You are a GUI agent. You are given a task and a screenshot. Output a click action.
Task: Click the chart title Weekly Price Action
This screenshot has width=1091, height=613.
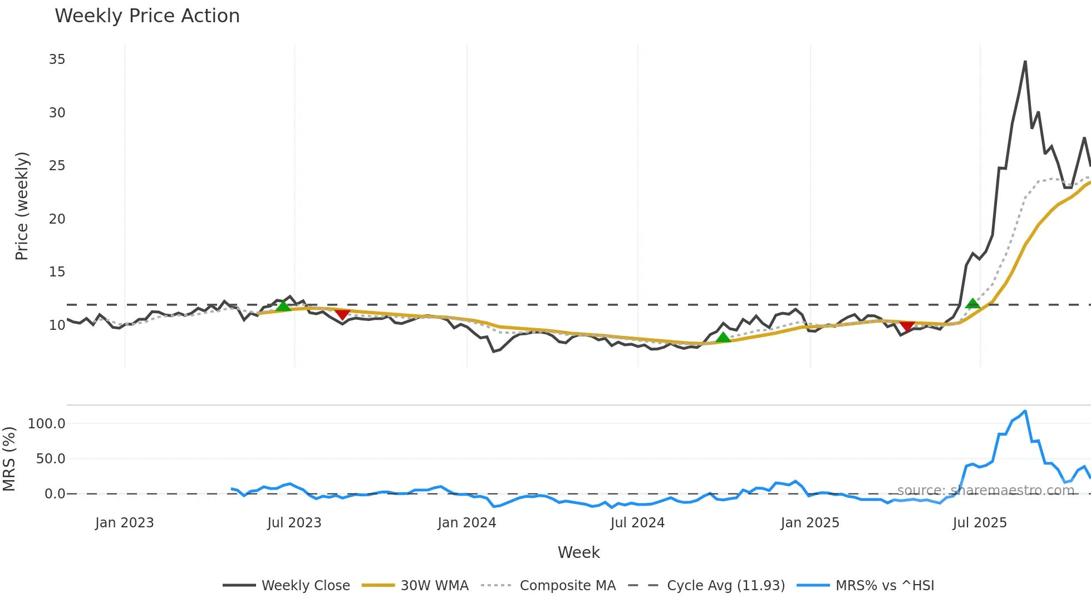[x=147, y=16]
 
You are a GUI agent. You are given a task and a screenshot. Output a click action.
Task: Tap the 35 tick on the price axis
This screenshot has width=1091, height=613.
[x=57, y=60]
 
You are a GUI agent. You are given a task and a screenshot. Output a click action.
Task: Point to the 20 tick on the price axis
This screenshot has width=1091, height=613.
[x=57, y=219]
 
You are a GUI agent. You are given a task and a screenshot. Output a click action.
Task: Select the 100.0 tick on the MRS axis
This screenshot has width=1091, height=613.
[x=46, y=424]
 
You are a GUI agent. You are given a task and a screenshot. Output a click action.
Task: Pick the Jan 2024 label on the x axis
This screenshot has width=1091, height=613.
[x=466, y=523]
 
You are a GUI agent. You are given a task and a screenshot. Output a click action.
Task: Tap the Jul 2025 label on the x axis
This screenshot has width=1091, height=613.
[x=980, y=523]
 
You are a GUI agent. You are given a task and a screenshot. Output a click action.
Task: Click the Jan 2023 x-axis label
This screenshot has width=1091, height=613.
[x=124, y=523]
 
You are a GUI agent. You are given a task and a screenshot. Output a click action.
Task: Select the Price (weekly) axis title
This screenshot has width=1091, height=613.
[x=22, y=206]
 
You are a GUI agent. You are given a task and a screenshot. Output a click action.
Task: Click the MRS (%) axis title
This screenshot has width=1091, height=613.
[x=9, y=459]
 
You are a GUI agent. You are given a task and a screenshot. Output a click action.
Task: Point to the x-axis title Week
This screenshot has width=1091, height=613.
[x=578, y=552]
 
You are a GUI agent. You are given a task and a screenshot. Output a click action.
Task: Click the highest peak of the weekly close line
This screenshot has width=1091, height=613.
[x=1025, y=62]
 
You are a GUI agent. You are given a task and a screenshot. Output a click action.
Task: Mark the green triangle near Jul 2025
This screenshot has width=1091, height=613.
[x=972, y=304]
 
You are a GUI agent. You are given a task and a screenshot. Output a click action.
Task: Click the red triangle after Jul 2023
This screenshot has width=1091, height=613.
[x=342, y=315]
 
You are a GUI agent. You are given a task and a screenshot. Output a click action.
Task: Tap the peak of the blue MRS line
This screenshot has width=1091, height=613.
[x=1025, y=411]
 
